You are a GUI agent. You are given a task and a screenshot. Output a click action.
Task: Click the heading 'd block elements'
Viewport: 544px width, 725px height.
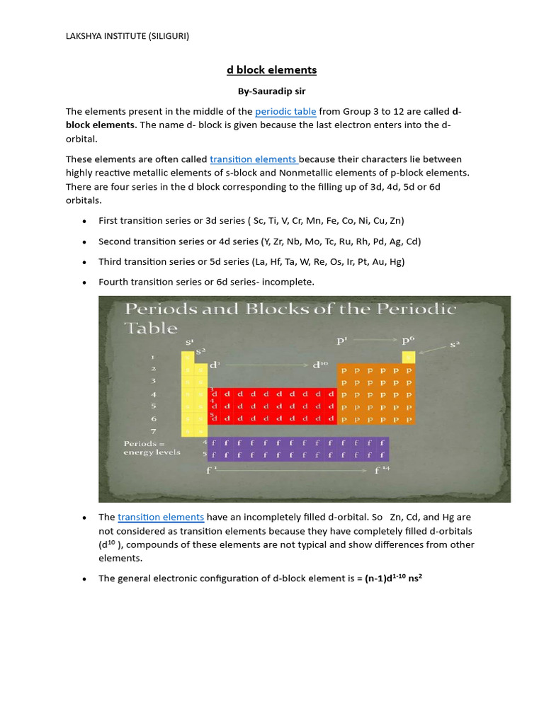coord(271,70)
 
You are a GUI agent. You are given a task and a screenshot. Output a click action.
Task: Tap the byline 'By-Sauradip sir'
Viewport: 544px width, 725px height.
coord(271,91)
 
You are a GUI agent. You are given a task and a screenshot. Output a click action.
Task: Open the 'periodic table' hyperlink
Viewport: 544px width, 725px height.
coord(285,111)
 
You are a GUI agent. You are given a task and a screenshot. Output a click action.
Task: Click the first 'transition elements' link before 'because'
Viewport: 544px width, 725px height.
coord(254,159)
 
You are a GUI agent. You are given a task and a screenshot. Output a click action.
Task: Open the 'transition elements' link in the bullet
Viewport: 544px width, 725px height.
coord(161,517)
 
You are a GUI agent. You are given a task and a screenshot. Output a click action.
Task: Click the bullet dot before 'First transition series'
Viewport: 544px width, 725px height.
coord(85,221)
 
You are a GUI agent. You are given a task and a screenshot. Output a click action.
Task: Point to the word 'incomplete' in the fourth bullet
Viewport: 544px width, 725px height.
coord(289,282)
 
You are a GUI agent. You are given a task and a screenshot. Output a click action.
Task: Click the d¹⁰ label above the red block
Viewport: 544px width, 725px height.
coord(321,365)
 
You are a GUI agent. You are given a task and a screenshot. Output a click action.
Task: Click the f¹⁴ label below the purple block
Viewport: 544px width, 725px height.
coord(382,469)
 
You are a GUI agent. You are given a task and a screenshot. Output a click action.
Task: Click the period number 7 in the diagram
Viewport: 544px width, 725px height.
coord(153,430)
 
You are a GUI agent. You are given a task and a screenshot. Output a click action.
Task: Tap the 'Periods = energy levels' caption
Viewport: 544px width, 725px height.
coord(152,448)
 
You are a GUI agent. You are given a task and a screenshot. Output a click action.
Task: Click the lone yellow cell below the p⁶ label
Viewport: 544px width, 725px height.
coord(409,356)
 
